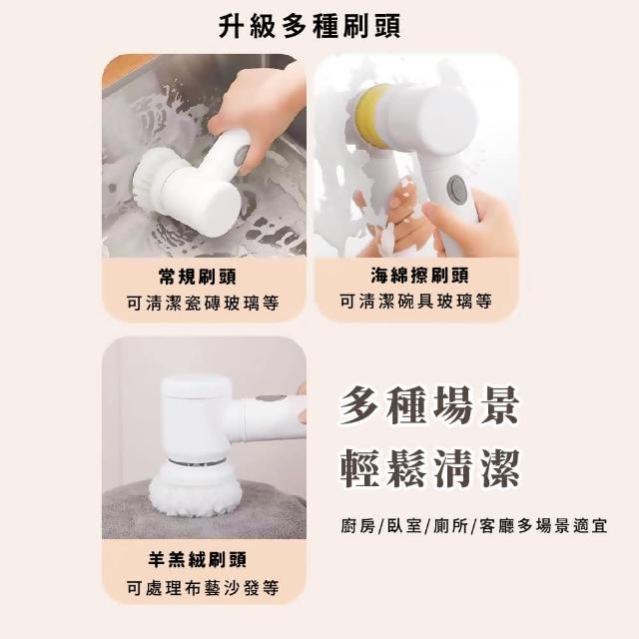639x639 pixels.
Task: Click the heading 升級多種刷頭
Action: (x=310, y=26)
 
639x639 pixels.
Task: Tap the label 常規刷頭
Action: (x=198, y=277)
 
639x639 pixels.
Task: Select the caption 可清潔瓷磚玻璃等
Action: (x=203, y=303)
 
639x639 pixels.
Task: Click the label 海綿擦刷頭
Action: (x=420, y=276)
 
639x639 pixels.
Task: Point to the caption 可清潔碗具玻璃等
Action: (x=416, y=302)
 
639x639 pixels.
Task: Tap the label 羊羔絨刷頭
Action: (x=198, y=559)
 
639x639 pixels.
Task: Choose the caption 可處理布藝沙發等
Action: (x=203, y=588)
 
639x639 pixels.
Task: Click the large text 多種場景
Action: (x=429, y=405)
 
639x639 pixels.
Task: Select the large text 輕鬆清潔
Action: (x=430, y=468)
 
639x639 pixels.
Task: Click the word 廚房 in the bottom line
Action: (x=357, y=526)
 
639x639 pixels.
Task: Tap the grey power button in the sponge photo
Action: (x=455, y=186)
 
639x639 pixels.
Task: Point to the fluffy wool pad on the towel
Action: (x=193, y=490)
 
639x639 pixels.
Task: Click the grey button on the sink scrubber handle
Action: (x=242, y=156)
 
